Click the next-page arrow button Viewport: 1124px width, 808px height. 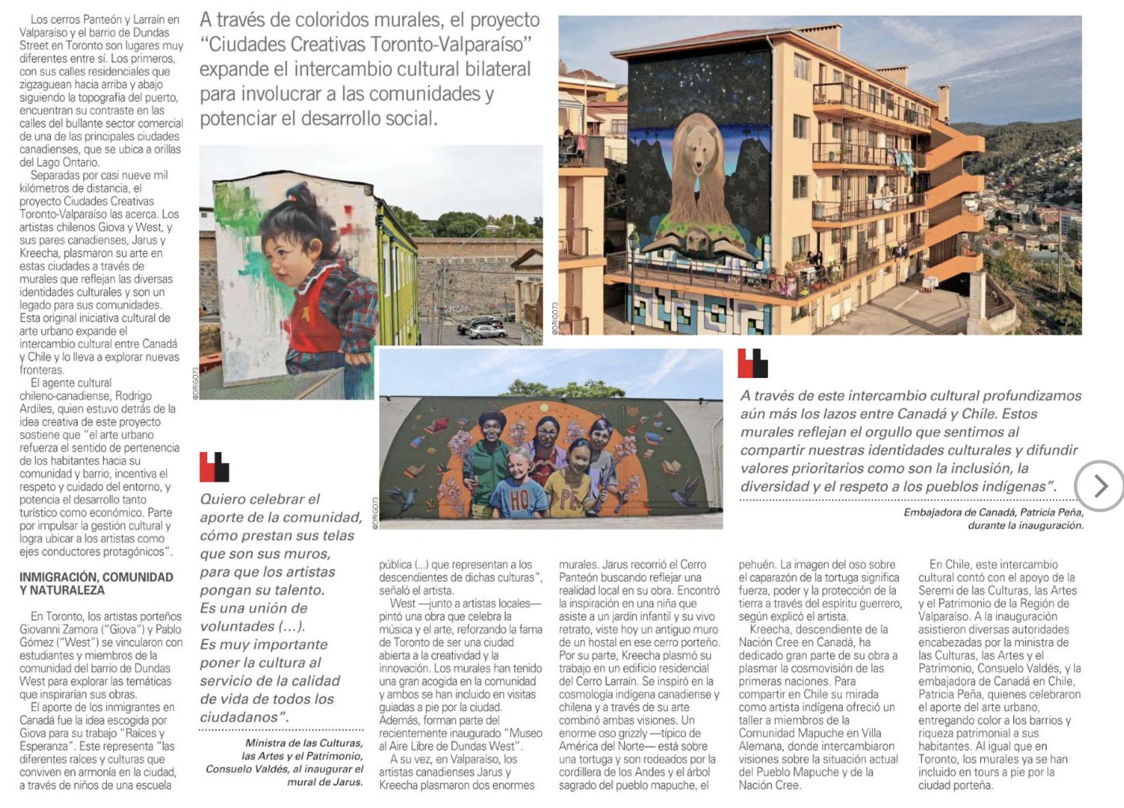pos(1099,486)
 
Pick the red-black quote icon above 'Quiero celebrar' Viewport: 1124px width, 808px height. pos(214,467)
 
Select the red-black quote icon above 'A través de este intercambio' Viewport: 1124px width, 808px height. pos(752,364)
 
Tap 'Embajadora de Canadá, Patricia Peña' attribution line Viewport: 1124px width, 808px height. pos(993,512)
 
